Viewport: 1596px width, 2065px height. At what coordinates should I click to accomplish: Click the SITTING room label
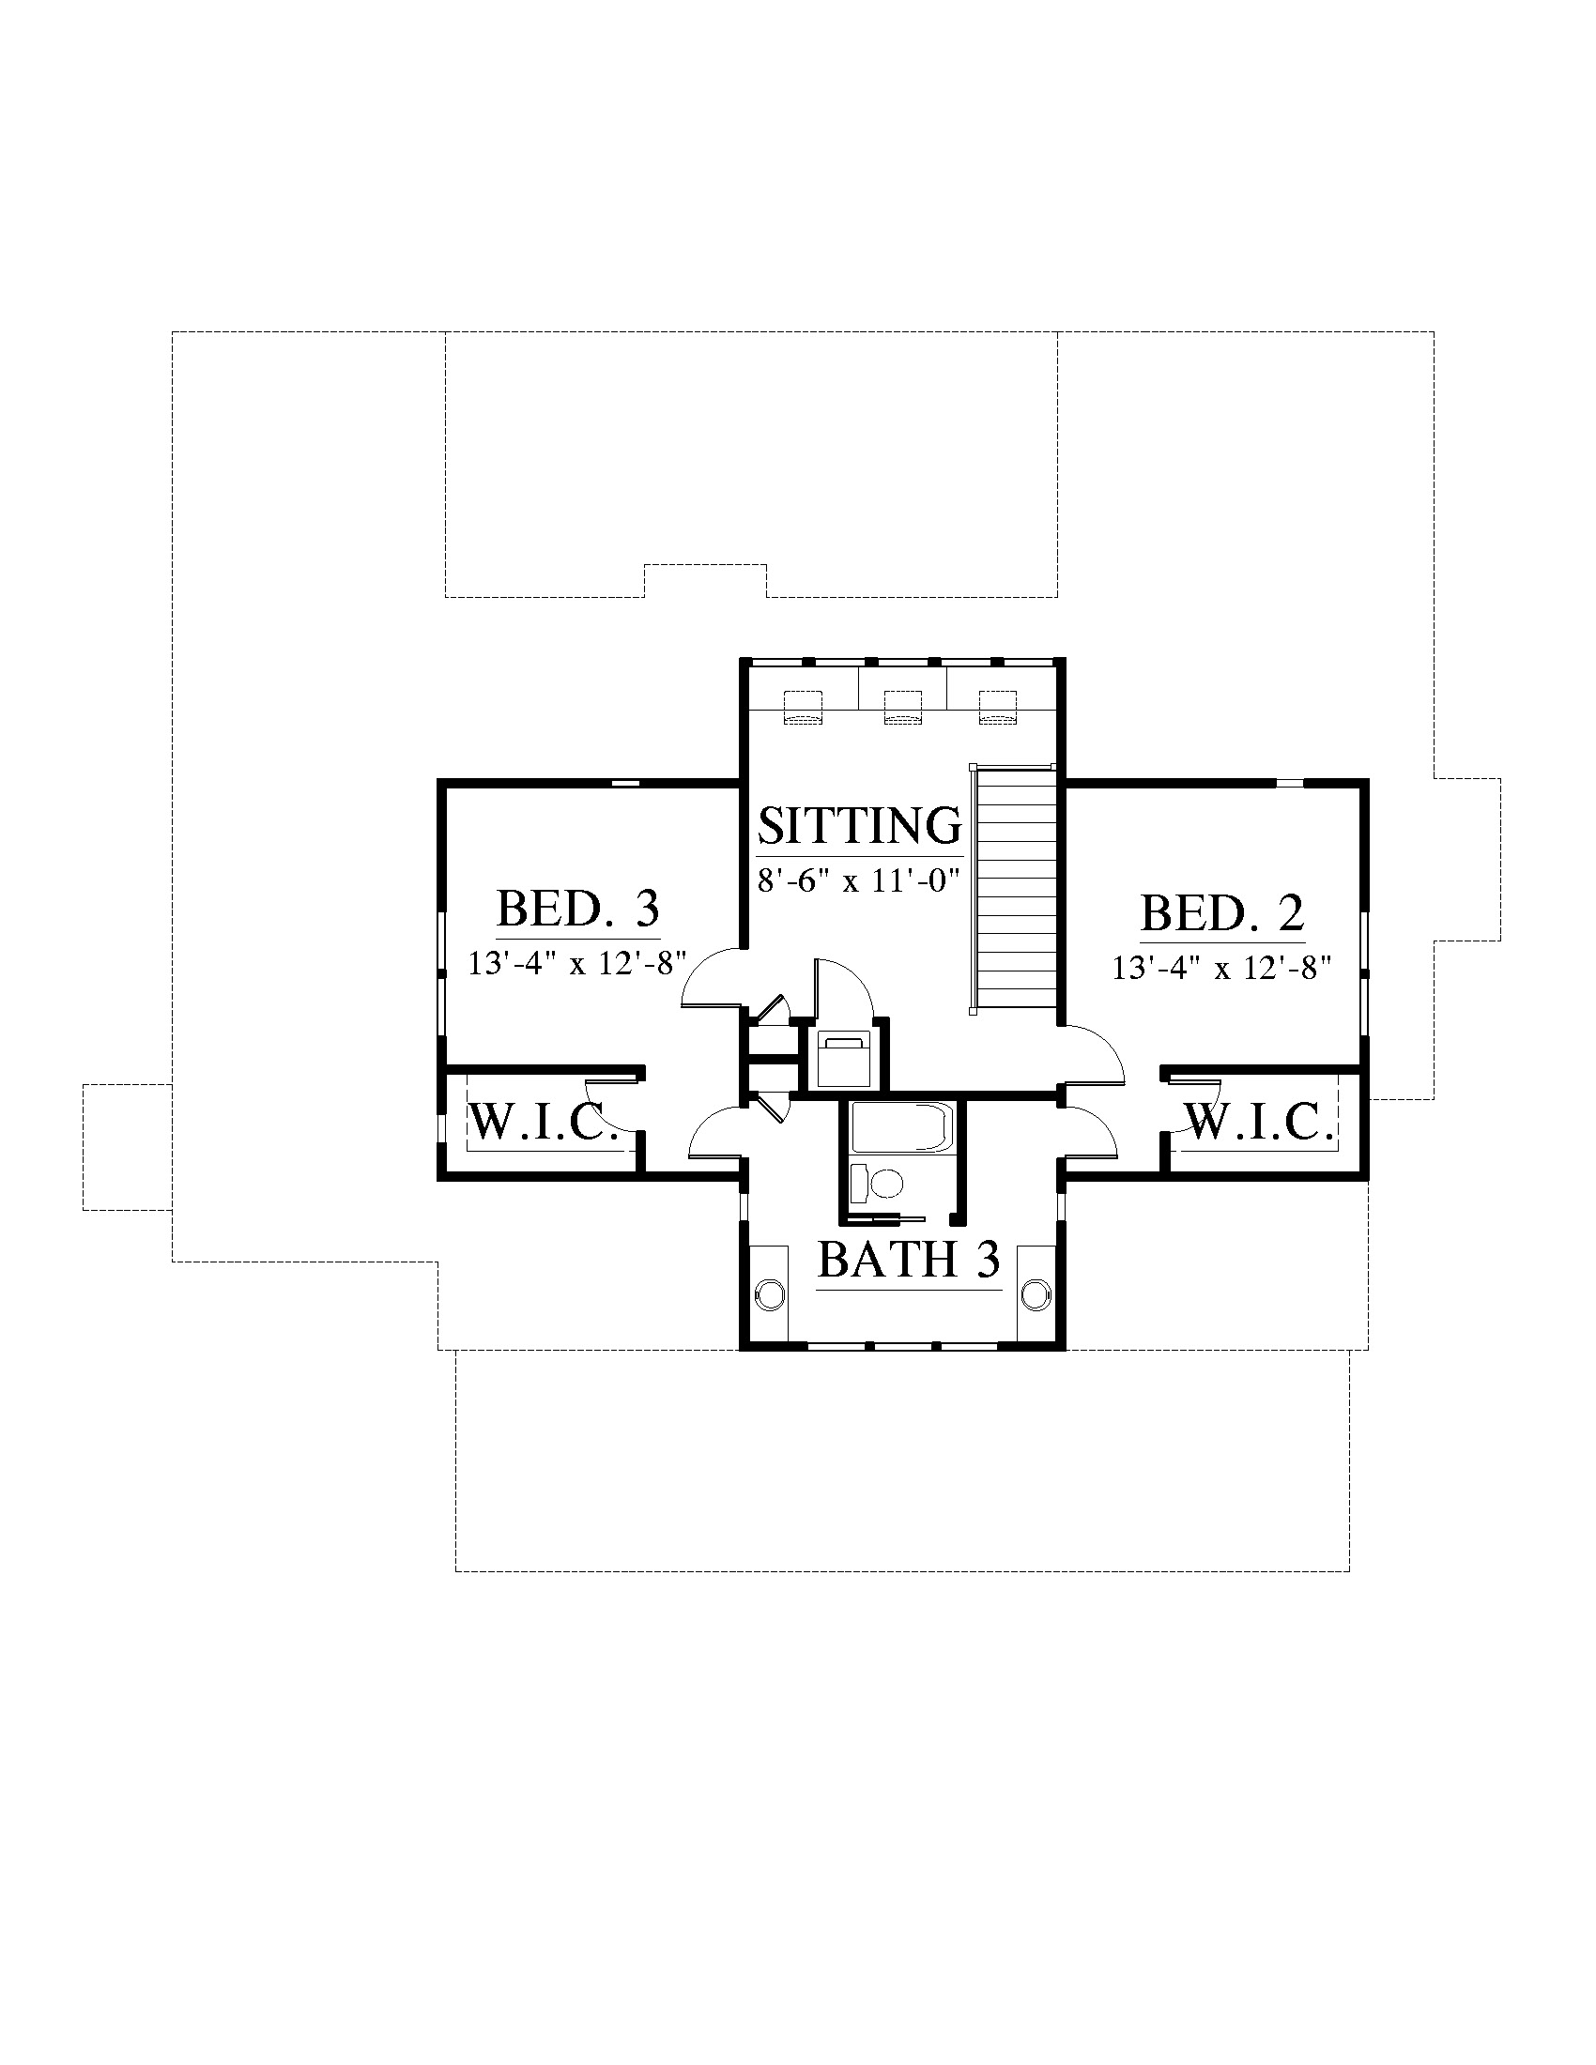point(859,824)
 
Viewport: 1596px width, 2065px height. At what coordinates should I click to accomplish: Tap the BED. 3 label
point(577,910)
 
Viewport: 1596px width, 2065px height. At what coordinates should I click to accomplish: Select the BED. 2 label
point(1222,913)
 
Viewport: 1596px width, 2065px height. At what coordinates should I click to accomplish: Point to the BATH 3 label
point(909,1260)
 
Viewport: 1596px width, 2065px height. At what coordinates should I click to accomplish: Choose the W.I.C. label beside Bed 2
point(1258,1123)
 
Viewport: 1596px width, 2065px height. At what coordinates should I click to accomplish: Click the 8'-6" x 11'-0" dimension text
point(858,881)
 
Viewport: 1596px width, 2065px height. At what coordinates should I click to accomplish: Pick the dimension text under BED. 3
point(577,963)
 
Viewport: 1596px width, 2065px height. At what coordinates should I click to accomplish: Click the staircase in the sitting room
point(1015,889)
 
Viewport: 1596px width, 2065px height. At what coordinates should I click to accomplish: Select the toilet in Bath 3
point(877,1182)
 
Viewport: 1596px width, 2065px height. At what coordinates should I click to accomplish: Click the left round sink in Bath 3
point(771,1293)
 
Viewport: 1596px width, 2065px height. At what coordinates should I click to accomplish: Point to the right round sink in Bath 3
point(1036,1293)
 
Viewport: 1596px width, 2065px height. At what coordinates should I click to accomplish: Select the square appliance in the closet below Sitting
point(843,1060)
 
